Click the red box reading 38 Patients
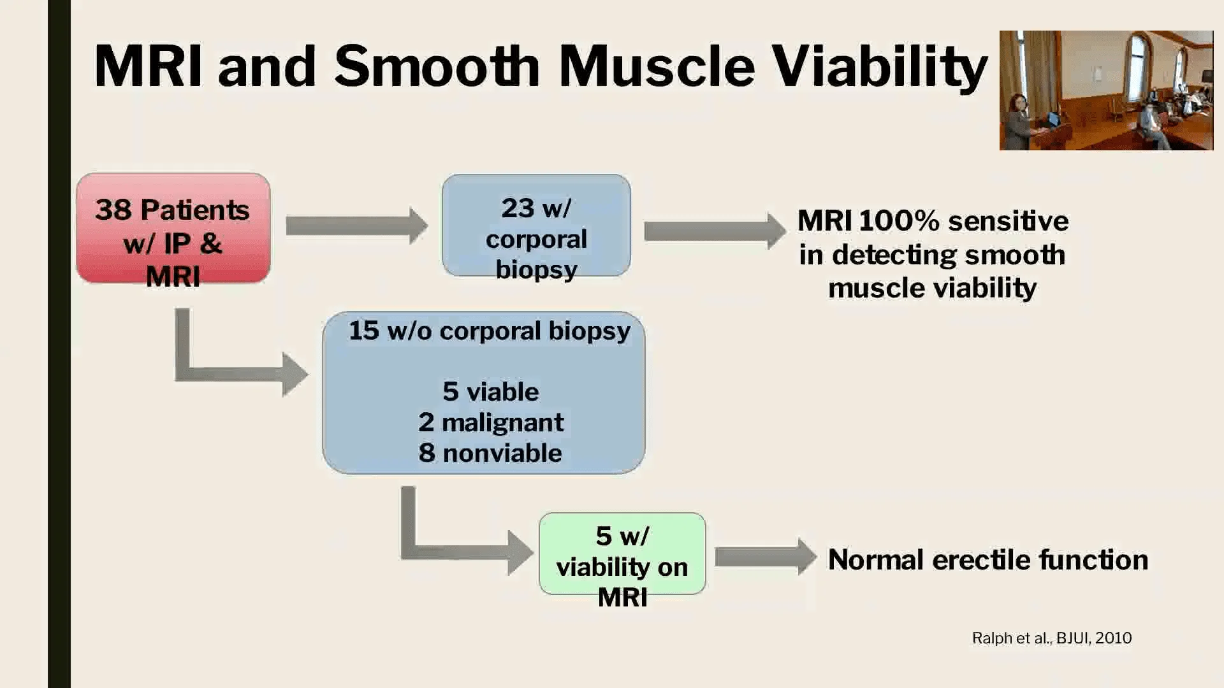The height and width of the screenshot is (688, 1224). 173,228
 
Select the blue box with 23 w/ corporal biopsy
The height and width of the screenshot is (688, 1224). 536,226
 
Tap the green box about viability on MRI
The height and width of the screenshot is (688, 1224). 622,554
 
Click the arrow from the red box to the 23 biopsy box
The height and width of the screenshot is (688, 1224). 356,226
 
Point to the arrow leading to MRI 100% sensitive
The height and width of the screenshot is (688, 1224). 715,231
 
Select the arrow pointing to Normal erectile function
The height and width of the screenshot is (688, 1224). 766,557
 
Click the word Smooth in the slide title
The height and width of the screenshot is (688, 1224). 437,66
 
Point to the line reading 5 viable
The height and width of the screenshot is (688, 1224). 491,392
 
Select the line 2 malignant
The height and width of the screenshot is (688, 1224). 491,422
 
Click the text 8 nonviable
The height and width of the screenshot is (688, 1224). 490,453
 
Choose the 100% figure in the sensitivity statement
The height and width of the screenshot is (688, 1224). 899,221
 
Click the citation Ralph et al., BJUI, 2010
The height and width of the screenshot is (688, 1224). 1052,638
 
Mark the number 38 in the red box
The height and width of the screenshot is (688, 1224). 113,210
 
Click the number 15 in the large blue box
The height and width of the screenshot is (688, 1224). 364,331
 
